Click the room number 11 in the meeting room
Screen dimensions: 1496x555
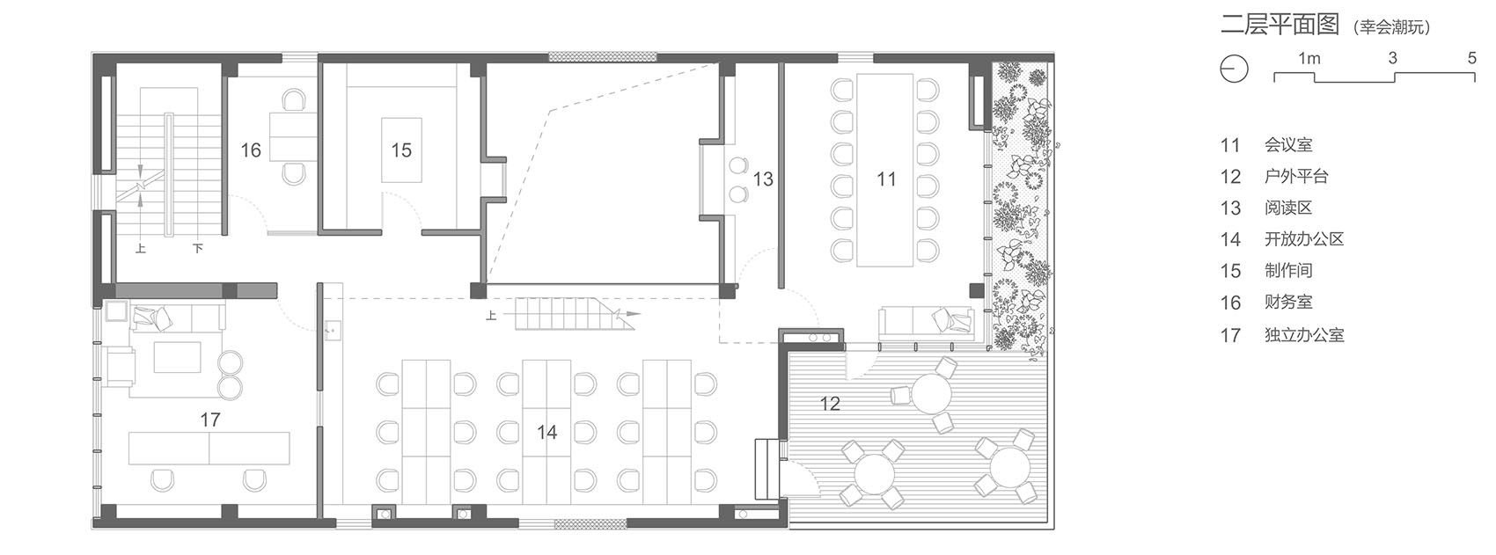click(885, 179)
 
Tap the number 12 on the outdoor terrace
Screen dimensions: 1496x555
click(830, 404)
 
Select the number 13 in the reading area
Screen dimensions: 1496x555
click(763, 179)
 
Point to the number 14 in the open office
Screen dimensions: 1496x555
click(546, 432)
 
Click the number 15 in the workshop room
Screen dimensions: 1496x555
click(400, 150)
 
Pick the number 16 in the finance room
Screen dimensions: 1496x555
click(251, 150)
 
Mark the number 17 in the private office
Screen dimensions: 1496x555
click(209, 420)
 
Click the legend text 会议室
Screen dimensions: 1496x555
click(1287, 145)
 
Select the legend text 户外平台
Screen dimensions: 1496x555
click(1295, 176)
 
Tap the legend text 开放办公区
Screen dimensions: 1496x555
click(1303, 239)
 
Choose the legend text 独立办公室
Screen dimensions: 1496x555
click(1303, 334)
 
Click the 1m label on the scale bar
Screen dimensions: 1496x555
click(1309, 59)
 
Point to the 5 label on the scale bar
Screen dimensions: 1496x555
click(1472, 58)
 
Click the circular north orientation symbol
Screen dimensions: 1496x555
click(1234, 68)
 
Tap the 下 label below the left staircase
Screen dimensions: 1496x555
click(198, 248)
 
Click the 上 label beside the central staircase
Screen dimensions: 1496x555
click(491, 315)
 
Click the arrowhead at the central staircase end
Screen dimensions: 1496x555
click(632, 313)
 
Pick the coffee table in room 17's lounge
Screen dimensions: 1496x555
click(177, 357)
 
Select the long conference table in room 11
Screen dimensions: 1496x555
click(885, 171)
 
